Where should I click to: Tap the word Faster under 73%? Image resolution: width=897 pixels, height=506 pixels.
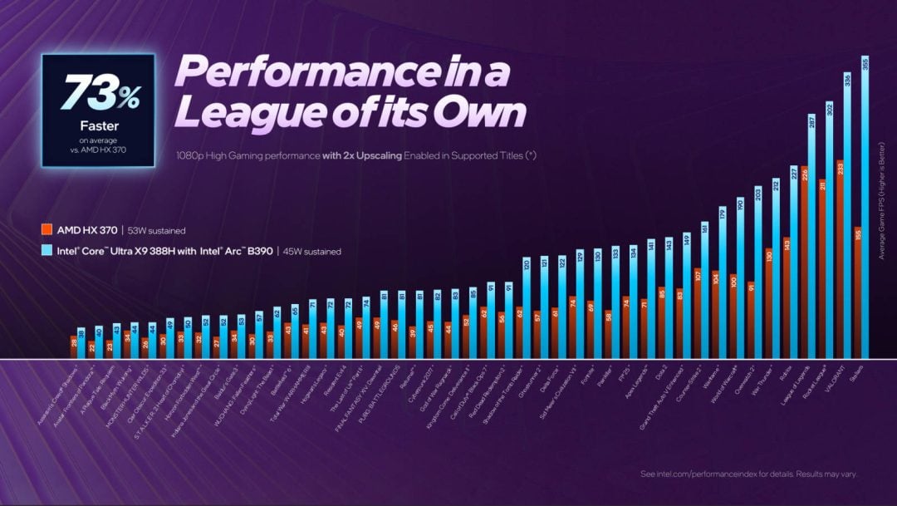pyautogui.click(x=98, y=126)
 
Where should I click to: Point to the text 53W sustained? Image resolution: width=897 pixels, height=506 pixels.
pyautogui.click(x=157, y=230)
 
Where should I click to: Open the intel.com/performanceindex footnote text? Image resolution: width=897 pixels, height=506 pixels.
pyautogui.click(x=748, y=474)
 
